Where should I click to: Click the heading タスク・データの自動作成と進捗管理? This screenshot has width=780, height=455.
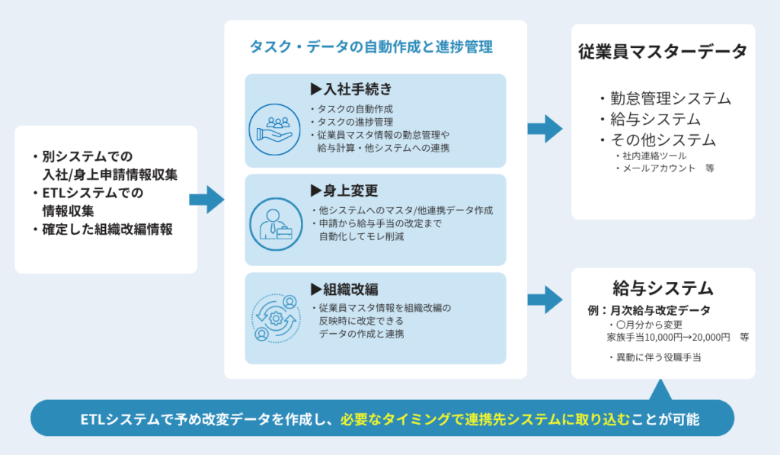point(371,47)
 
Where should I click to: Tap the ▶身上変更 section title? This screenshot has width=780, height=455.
point(344,190)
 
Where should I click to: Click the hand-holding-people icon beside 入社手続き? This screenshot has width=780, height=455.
point(274,123)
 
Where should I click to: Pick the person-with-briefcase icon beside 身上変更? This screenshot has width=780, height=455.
point(274,221)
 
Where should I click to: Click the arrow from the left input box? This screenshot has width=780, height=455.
point(206,200)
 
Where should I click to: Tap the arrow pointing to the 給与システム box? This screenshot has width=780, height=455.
point(545,299)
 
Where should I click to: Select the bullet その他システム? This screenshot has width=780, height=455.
point(662,140)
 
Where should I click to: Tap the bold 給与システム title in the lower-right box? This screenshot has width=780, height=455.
point(663,288)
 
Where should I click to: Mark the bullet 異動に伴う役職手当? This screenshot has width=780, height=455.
point(657,357)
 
